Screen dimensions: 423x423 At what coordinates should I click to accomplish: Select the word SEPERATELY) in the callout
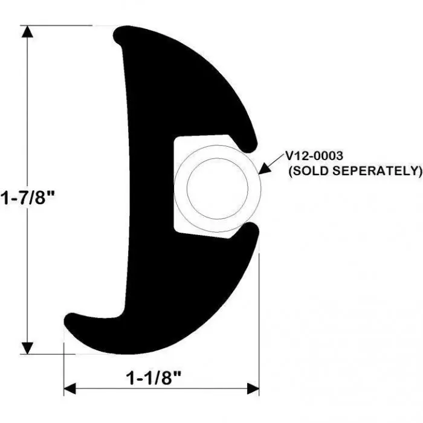(x=378, y=171)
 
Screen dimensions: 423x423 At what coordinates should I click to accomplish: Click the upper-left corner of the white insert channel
(x=176, y=140)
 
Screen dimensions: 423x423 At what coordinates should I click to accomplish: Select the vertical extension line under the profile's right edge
(x=259, y=314)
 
